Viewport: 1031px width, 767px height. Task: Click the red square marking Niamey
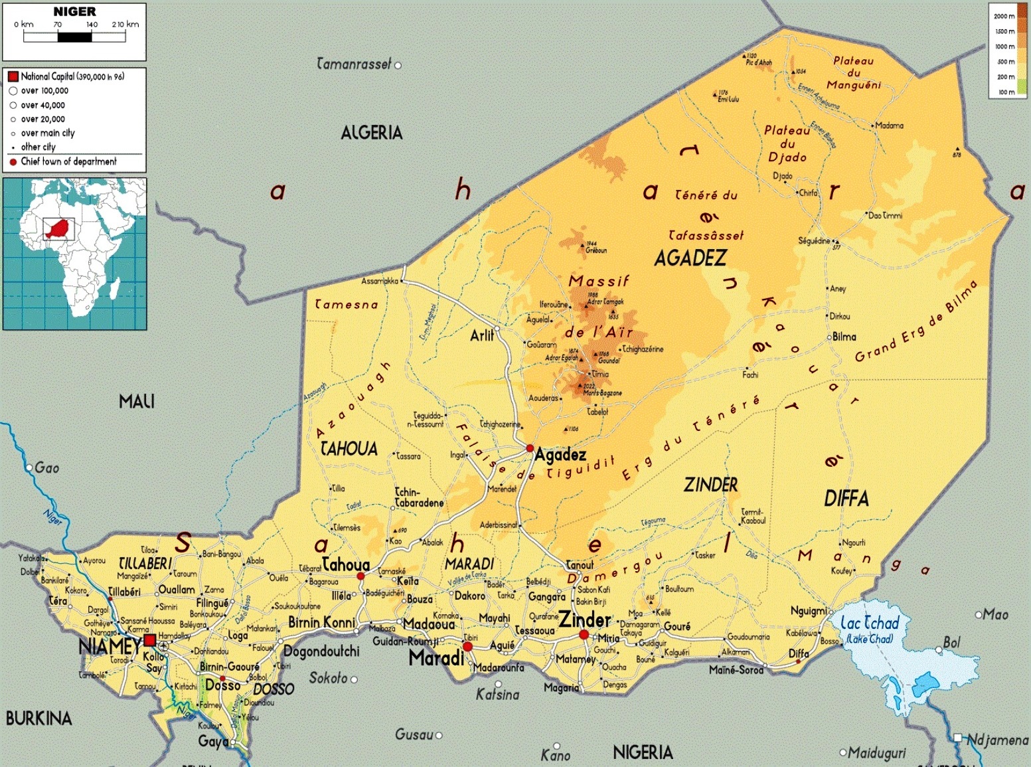[150, 640]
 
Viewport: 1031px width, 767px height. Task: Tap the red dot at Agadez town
[530, 449]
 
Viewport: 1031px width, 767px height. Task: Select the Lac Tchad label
[870, 624]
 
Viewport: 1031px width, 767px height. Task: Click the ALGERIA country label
[371, 133]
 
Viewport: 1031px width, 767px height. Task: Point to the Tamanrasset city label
[354, 64]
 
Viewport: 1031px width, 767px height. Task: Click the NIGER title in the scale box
[74, 12]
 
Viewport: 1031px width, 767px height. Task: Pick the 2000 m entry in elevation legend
[1004, 16]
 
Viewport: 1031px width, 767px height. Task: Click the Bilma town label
[844, 337]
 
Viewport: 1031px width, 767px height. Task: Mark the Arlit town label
[482, 335]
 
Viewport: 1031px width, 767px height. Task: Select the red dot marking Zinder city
[584, 635]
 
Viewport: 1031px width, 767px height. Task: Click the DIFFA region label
[846, 498]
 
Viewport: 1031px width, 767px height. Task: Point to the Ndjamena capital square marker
[958, 738]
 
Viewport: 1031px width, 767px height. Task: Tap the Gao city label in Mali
[46, 468]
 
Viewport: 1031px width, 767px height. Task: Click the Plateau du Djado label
[787, 143]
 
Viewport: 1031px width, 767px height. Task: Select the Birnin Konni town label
[322, 622]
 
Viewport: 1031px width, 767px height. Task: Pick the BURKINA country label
[39, 719]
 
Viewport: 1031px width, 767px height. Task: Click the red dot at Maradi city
[467, 646]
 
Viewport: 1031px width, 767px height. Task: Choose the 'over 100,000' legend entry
[44, 91]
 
